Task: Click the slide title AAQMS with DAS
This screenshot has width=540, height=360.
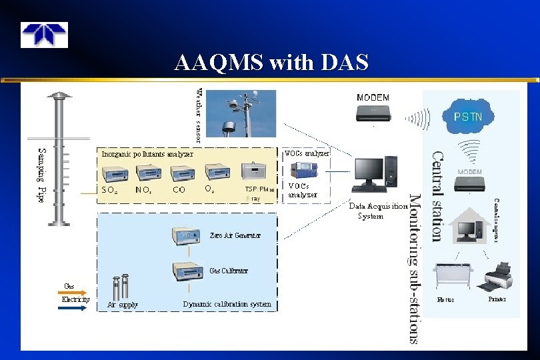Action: (271, 62)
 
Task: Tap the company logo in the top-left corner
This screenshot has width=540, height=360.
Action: (43, 35)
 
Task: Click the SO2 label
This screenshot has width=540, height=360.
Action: (110, 190)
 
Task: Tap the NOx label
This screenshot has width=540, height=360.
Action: (143, 190)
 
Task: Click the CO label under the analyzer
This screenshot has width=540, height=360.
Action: (179, 190)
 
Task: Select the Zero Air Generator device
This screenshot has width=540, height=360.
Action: (188, 237)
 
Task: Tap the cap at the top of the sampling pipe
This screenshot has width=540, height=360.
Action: (59, 98)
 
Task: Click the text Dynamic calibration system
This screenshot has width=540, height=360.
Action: (227, 305)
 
